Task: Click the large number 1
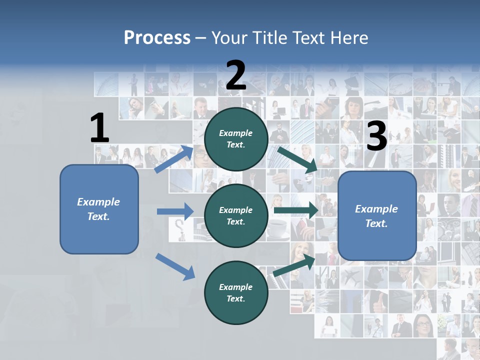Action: pyautogui.click(x=99, y=128)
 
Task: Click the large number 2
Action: pyautogui.click(x=236, y=75)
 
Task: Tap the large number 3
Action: pyautogui.click(x=376, y=136)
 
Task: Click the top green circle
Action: pyautogui.click(x=236, y=139)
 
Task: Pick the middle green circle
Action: pyautogui.click(x=236, y=216)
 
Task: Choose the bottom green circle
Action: pyautogui.click(x=236, y=292)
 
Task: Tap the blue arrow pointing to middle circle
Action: pyautogui.click(x=175, y=211)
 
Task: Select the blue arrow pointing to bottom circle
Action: pyautogui.click(x=175, y=266)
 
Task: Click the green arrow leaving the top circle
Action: pyautogui.click(x=297, y=159)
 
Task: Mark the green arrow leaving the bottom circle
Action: pyautogui.click(x=294, y=265)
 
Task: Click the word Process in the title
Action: pyautogui.click(x=157, y=38)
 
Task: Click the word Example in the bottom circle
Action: pyautogui.click(x=235, y=287)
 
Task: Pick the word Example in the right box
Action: pyautogui.click(x=376, y=209)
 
